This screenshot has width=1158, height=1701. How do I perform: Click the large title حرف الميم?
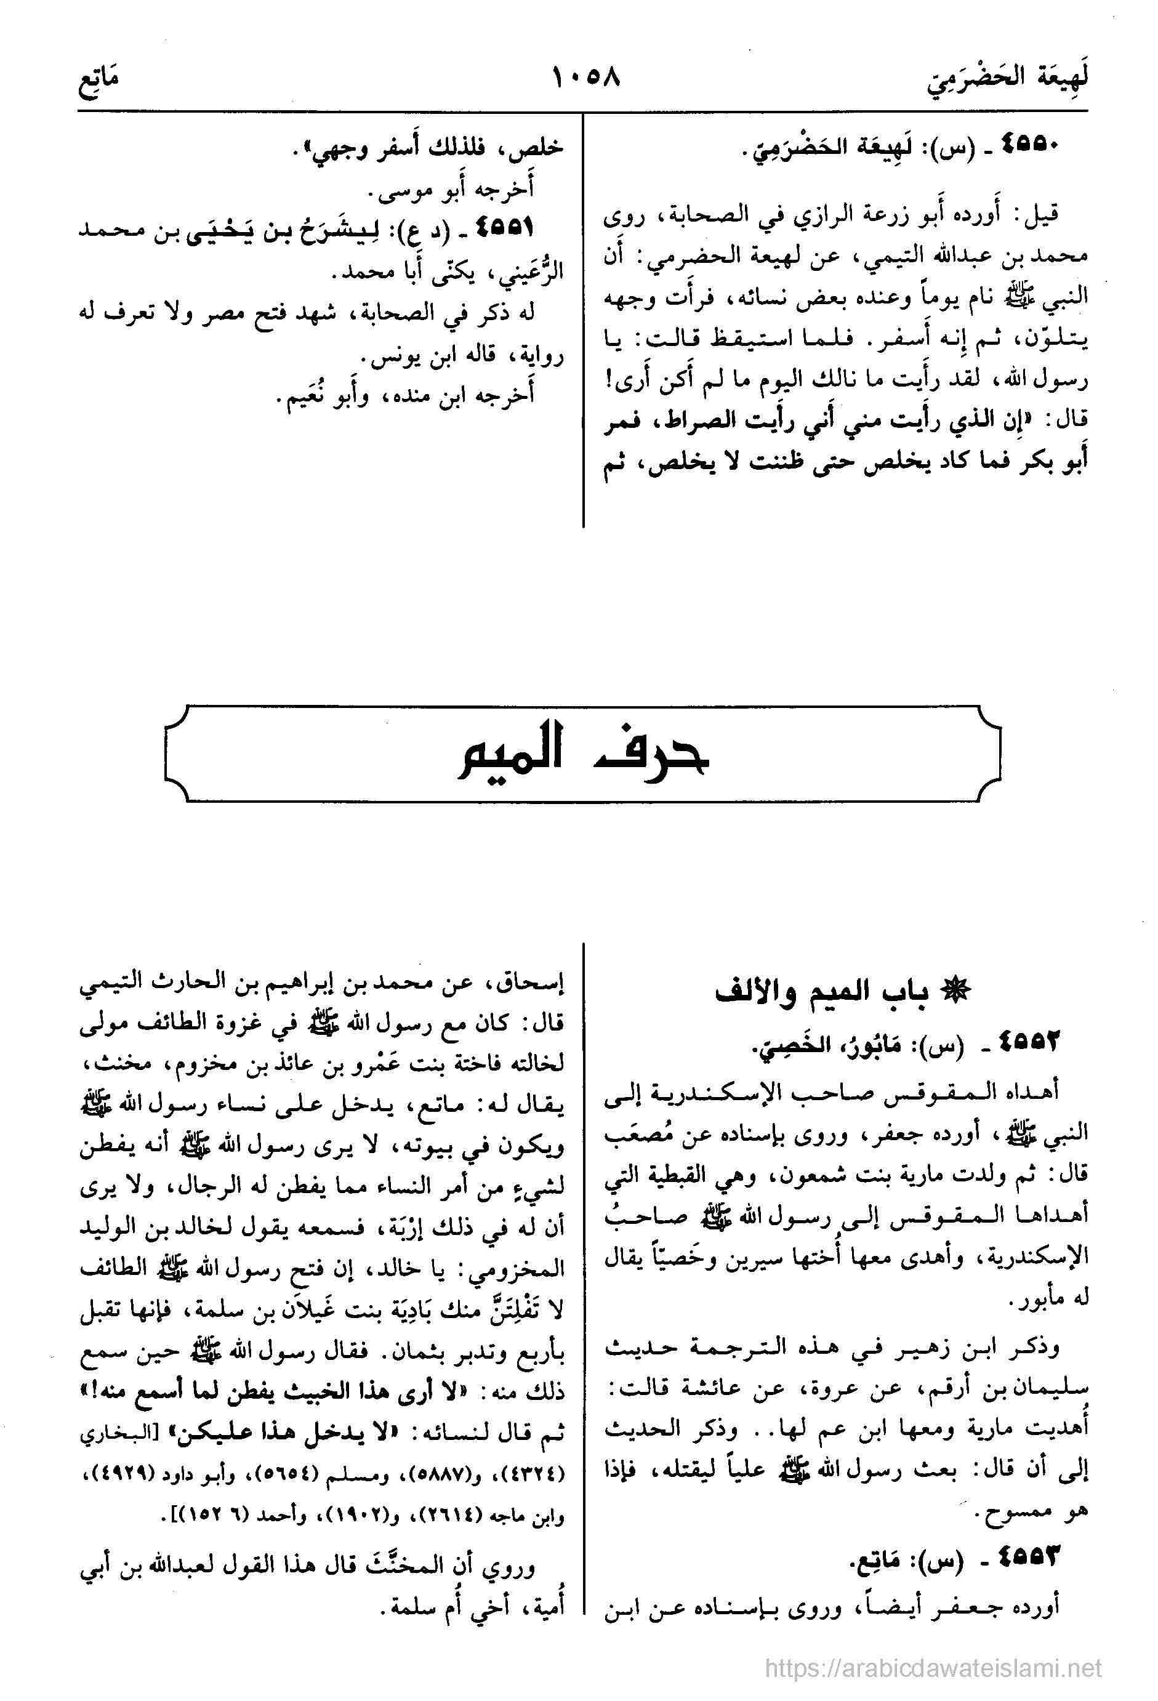[582, 754]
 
